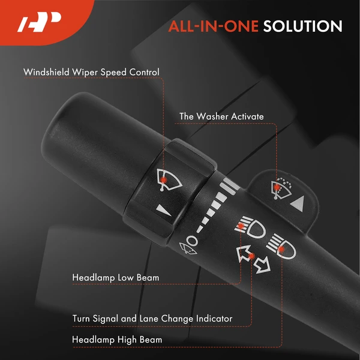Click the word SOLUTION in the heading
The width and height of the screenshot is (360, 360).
[x=302, y=26]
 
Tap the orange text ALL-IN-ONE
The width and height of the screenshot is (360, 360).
[x=213, y=26]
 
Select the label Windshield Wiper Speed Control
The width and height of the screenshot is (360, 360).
[x=91, y=72]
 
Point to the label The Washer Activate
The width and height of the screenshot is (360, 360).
[x=221, y=116]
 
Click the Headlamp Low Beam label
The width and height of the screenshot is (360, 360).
[x=115, y=278]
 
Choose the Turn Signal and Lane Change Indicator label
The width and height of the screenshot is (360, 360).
[x=152, y=319]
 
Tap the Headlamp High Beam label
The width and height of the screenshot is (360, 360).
[x=117, y=340]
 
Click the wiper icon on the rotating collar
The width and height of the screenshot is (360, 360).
[x=169, y=180]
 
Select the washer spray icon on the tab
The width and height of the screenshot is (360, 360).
[x=282, y=188]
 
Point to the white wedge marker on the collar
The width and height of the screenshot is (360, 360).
[x=163, y=211]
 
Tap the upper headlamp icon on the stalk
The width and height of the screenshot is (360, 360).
[x=250, y=227]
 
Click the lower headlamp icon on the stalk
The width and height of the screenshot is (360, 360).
[x=281, y=247]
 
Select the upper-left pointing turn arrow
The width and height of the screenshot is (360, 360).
[x=244, y=253]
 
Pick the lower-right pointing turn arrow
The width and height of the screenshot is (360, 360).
[x=262, y=265]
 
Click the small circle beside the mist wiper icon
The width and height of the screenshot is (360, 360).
[x=193, y=241]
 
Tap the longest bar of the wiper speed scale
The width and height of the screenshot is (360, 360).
[x=232, y=184]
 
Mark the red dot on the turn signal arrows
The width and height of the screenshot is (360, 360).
[x=252, y=256]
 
